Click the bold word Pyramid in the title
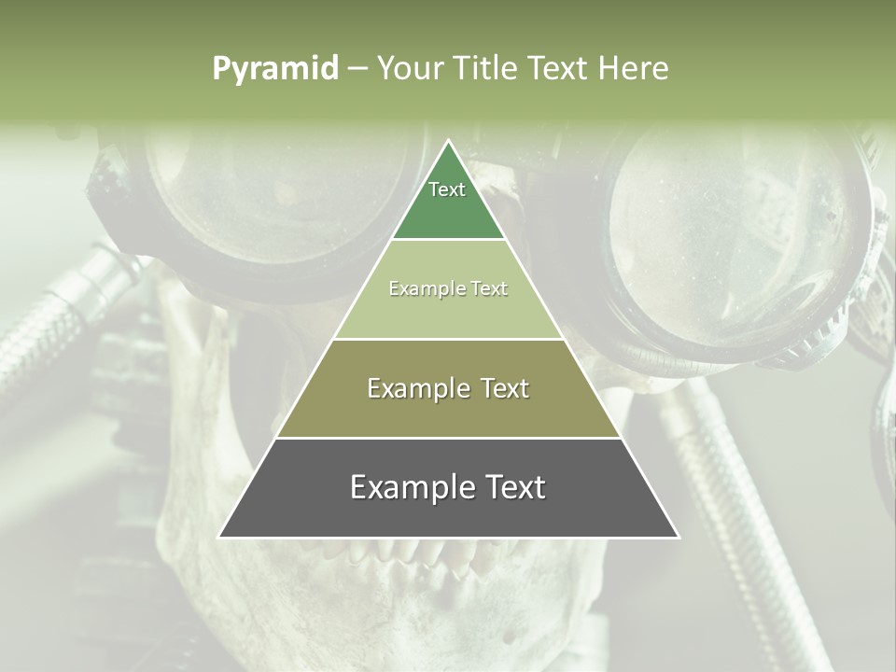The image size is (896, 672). [274, 69]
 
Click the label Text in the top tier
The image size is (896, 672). [447, 189]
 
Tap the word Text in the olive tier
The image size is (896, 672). [499, 388]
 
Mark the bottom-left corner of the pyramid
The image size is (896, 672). [220, 537]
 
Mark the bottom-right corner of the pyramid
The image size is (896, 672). [678, 537]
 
